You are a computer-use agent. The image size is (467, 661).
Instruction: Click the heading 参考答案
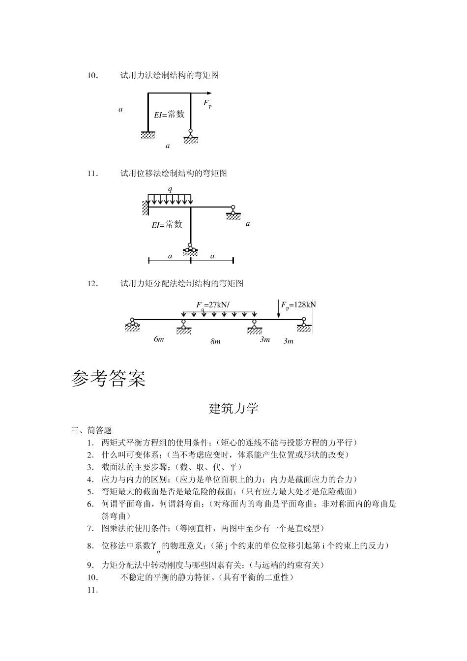click(108, 378)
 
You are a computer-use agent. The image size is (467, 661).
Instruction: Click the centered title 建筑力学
click(233, 408)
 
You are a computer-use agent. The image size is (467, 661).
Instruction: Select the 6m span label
click(159, 339)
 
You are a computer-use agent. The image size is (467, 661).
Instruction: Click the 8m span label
click(215, 341)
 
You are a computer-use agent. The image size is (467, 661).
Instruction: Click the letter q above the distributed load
click(170, 189)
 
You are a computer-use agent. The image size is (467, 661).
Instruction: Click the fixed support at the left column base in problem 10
click(147, 135)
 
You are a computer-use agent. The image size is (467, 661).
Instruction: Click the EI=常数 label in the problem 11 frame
click(167, 225)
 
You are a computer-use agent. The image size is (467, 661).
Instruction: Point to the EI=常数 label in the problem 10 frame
click(169, 115)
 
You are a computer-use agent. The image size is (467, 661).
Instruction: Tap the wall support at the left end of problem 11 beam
click(145, 208)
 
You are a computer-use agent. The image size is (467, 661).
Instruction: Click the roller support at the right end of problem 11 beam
click(233, 213)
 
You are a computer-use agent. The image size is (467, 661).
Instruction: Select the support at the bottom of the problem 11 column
click(190, 250)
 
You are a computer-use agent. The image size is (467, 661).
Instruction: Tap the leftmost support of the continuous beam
click(132, 325)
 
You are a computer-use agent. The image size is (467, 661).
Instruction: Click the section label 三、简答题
click(91, 430)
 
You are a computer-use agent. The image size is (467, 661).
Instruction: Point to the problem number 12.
click(92, 283)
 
